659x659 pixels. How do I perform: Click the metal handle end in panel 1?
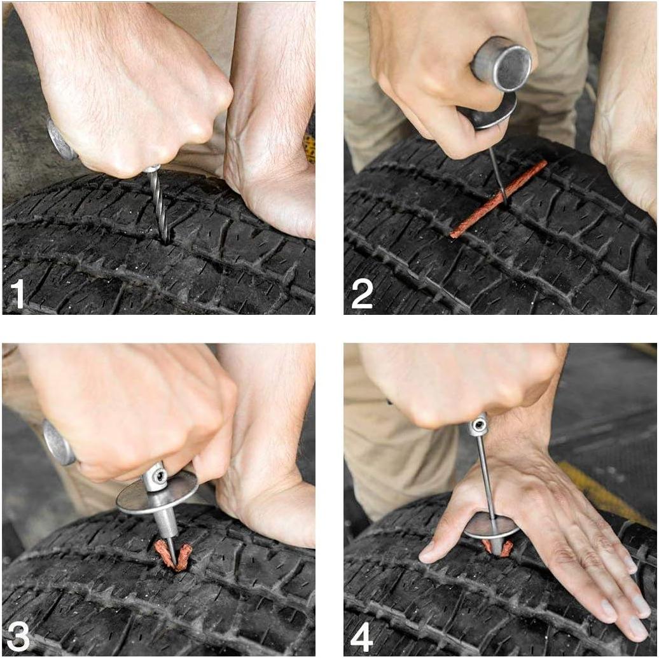click(x=60, y=140)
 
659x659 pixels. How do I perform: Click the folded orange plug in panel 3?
click(x=173, y=554)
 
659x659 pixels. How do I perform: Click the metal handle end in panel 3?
click(x=57, y=442)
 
